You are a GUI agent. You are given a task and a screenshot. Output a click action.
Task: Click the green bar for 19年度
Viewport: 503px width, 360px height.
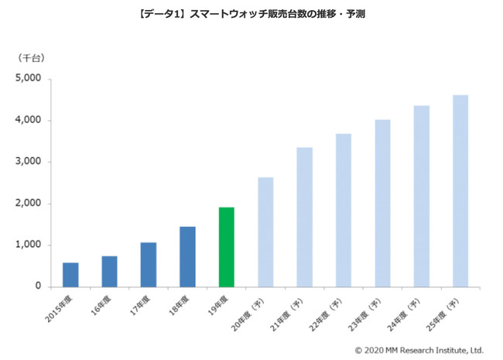[x=226, y=247]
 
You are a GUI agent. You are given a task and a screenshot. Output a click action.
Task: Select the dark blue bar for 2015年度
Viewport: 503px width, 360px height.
[x=70, y=275]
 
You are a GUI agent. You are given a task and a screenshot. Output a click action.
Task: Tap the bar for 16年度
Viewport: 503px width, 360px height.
[x=109, y=271]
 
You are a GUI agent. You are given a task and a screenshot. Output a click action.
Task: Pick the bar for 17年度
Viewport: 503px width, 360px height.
[x=149, y=265]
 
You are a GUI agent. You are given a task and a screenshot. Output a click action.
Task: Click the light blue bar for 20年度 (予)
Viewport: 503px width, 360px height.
[x=265, y=232]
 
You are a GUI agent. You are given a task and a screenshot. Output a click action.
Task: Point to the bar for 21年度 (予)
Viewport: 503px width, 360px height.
[x=304, y=217]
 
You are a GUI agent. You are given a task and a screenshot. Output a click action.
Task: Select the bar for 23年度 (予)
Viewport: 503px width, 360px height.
[x=382, y=203]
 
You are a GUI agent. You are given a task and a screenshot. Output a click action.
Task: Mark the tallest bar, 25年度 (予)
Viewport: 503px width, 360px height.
[x=460, y=190]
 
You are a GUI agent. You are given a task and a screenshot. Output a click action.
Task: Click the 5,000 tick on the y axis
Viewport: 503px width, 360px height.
[x=28, y=79]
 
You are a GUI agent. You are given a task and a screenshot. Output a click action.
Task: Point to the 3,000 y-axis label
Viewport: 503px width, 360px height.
[x=28, y=162]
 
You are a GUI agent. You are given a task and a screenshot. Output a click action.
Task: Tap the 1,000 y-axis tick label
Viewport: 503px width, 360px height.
[x=28, y=245]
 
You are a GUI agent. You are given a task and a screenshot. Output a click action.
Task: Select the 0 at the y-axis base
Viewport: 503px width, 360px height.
[x=37, y=286]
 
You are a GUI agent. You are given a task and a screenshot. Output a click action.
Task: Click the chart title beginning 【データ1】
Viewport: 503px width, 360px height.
[x=251, y=15]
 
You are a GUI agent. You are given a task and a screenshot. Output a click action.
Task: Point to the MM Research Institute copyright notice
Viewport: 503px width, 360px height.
[x=419, y=349]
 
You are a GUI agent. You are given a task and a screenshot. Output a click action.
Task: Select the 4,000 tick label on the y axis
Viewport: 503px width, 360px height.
[x=28, y=121]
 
